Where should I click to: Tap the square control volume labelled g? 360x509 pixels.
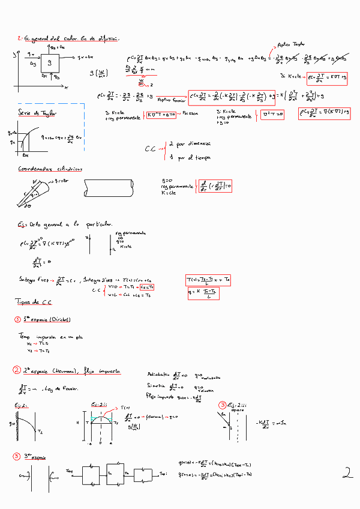(50, 63)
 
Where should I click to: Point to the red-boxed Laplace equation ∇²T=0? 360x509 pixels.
(272, 114)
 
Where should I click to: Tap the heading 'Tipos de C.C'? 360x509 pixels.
(34, 303)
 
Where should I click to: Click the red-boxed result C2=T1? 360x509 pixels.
(147, 287)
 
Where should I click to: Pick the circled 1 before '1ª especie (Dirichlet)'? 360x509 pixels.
(17, 320)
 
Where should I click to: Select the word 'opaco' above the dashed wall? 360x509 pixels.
(238, 410)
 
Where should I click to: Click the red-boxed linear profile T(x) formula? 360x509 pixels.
(208, 280)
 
